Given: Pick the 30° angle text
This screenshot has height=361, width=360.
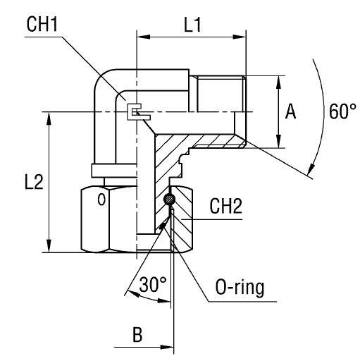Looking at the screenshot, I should tap(152, 286).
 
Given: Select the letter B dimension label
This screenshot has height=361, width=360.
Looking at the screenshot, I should tap(139, 334).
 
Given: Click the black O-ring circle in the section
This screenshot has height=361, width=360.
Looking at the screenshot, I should tap(169, 202).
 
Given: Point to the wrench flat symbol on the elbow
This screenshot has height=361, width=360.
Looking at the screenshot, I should tap(134, 112).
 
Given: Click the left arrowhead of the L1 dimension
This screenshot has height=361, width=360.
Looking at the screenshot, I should tap(140, 33).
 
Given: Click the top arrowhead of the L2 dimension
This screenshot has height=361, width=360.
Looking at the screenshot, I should tap(49, 116).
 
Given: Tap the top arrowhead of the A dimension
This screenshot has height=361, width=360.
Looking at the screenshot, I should tap(280, 79).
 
